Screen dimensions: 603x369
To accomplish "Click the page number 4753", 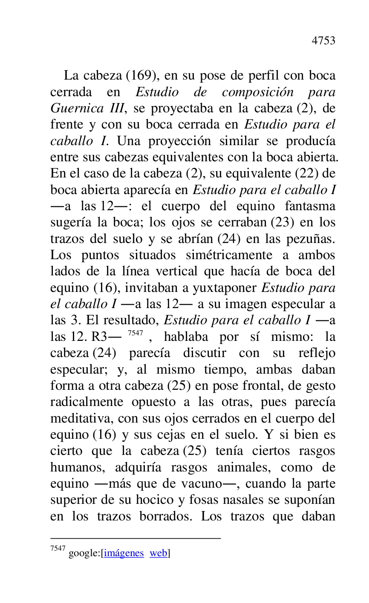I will pos(323,41).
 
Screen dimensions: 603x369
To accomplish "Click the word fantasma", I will pos(310,206).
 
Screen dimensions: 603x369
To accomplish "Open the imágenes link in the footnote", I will pos(124,553).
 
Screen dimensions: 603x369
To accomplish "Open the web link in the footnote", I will pos(159,553).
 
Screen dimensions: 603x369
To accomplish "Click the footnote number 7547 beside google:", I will pos(58,549).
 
